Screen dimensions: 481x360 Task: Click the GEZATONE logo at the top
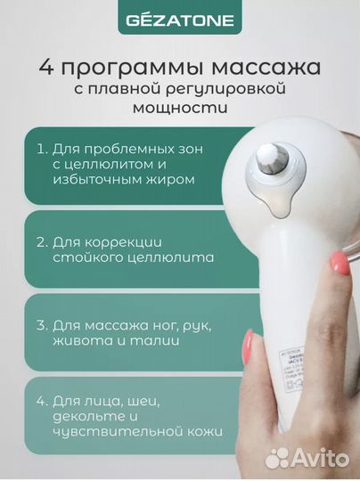179,18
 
